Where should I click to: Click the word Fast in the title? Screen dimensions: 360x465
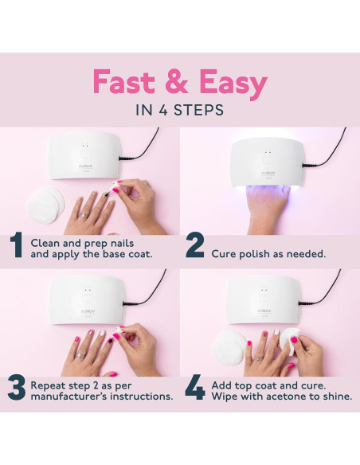click(123, 81)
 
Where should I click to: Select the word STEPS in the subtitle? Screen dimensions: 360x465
click(198, 111)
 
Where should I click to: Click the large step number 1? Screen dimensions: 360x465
click(16, 244)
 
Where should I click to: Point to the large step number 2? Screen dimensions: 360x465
click(195, 244)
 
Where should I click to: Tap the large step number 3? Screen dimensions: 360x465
click(17, 388)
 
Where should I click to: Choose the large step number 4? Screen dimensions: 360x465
click(195, 387)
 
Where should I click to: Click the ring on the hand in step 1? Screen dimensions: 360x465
click(84, 215)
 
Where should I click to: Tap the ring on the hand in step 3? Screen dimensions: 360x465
click(80, 355)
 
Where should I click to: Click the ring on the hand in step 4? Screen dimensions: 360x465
click(259, 358)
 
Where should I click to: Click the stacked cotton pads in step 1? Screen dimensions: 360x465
click(45, 204)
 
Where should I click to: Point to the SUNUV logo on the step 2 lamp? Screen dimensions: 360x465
click(268, 173)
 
